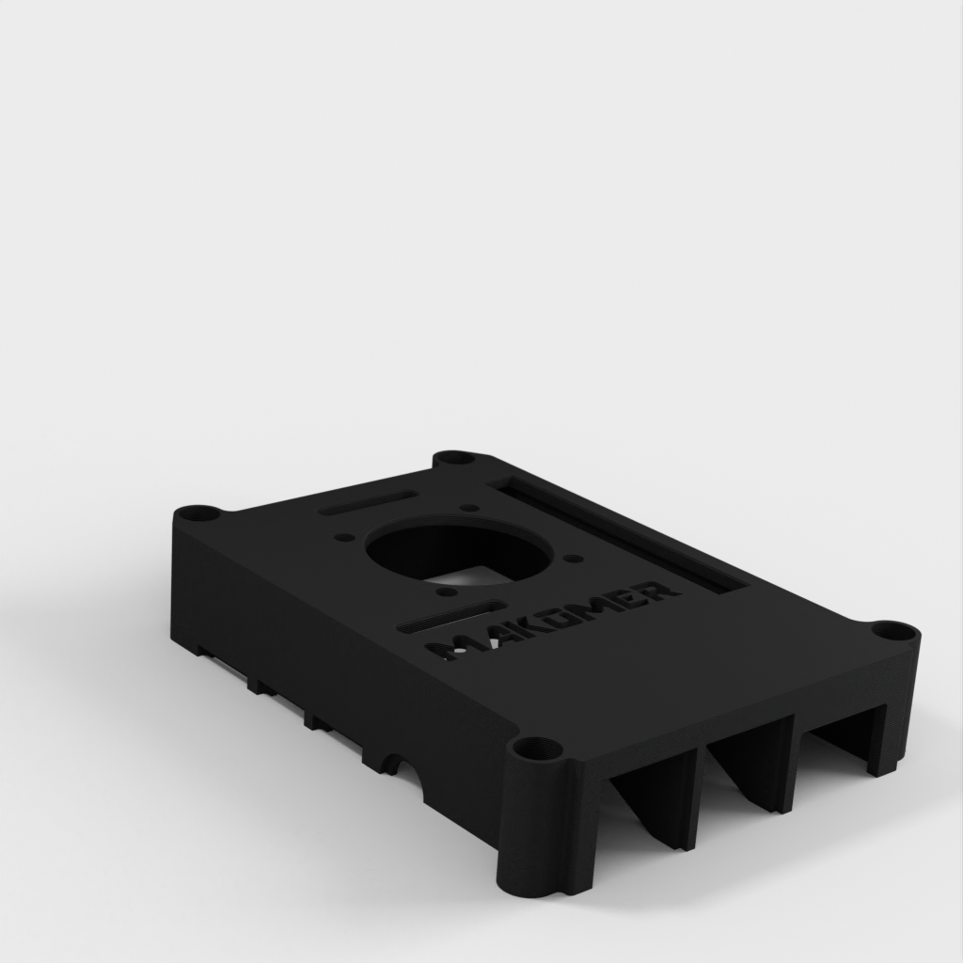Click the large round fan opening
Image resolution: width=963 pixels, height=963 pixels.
click(459, 548)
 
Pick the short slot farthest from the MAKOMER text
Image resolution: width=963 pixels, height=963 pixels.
click(369, 503)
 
